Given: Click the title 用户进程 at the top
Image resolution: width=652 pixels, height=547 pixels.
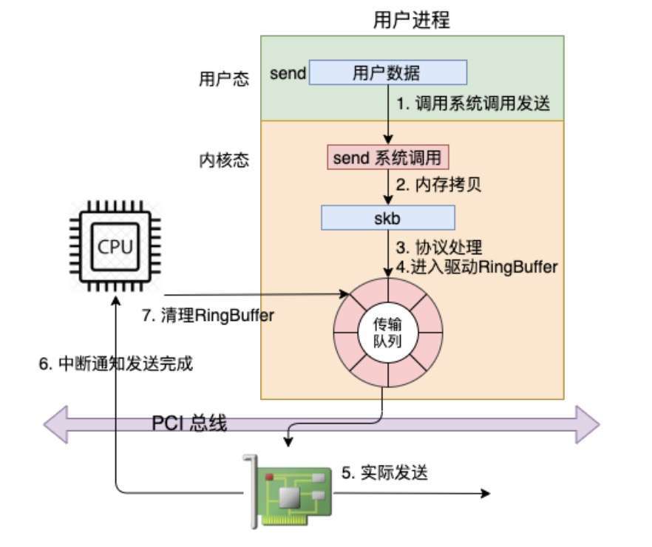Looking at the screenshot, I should (412, 20).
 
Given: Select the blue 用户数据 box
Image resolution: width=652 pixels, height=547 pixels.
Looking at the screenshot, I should (387, 72).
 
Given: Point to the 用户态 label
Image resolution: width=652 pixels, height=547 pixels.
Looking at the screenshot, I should (220, 78).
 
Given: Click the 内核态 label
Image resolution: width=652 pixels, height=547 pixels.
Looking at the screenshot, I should (220, 160).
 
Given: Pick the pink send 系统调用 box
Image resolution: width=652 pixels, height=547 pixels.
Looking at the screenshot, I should (388, 158).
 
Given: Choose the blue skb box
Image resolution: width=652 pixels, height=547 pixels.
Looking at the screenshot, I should (387, 218).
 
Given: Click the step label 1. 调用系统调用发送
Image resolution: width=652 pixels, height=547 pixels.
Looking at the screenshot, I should (474, 104).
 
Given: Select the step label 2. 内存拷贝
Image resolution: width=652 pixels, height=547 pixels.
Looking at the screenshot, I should (438, 185).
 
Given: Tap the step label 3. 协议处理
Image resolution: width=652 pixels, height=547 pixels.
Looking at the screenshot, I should (440, 245).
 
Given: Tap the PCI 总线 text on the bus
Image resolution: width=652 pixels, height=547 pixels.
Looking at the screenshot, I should (189, 424).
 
